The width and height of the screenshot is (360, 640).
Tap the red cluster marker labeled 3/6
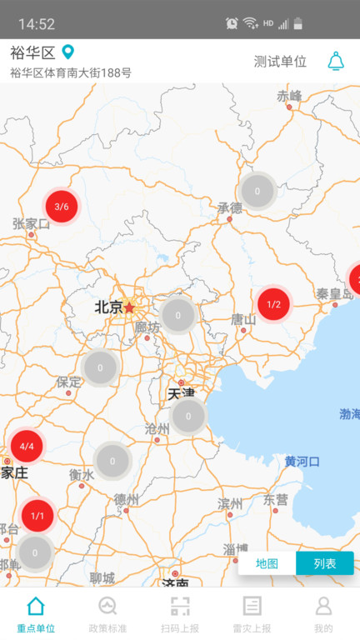pos(61,207)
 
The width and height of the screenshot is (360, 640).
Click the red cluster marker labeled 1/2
pos(273,305)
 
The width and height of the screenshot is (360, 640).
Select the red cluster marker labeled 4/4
pos(27,447)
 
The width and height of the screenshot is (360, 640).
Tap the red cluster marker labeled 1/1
pos(37,516)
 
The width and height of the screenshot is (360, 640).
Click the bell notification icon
pos(336,61)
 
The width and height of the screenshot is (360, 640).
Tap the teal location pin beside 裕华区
pos(68,52)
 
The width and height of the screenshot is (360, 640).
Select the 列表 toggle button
pos(325,563)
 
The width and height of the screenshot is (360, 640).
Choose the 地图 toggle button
pos(267,563)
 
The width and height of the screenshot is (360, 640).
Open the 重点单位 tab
pos(36,614)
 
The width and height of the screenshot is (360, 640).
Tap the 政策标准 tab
pos(107,614)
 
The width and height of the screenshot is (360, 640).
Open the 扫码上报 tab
pos(180,614)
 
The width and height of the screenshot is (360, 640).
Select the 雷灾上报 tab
pos(252,614)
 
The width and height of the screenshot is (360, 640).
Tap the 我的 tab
pos(323,614)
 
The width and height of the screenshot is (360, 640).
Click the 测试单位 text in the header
pos(280,62)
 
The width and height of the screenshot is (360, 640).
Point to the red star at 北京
pos(129,307)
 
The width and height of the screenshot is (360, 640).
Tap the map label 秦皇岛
pos(334,293)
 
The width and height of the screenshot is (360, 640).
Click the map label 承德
pos(229,207)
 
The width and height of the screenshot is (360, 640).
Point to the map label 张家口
pos(32,223)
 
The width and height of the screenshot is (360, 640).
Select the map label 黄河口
pos(302,461)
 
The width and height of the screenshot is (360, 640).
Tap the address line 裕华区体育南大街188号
pos(71,72)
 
